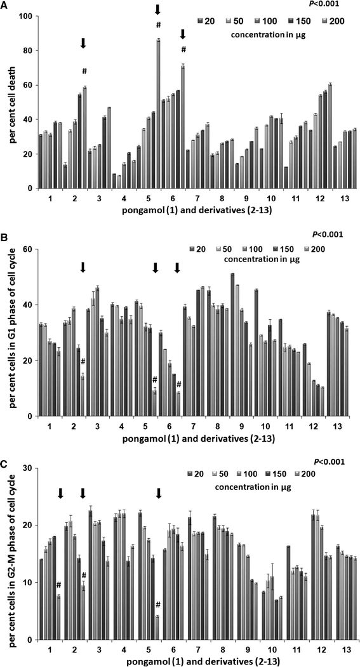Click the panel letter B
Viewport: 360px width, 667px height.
[5, 234]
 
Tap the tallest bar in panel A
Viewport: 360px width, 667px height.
[158, 114]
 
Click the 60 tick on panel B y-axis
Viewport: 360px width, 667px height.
[28, 249]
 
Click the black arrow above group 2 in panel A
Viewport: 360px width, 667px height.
[83, 43]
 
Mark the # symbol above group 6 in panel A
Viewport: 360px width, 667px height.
[183, 50]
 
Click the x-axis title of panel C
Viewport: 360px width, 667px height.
[190, 659]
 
